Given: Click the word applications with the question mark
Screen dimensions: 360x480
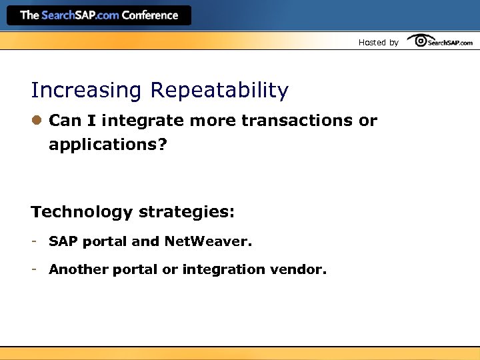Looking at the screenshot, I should (x=107, y=145).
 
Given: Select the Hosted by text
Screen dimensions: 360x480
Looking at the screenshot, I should (x=378, y=43).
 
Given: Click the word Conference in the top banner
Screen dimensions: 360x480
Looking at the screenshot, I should (x=151, y=15).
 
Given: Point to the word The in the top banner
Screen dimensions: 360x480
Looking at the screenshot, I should (x=30, y=15).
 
